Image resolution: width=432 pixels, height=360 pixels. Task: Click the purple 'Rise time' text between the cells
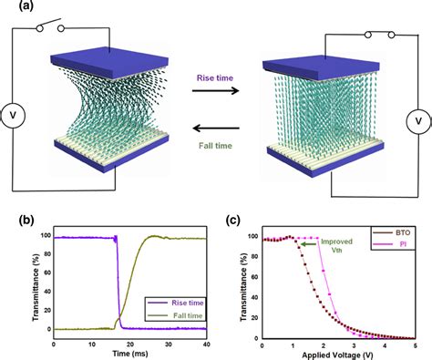click(215, 78)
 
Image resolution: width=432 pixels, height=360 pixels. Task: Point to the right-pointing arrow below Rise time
click(215, 92)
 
